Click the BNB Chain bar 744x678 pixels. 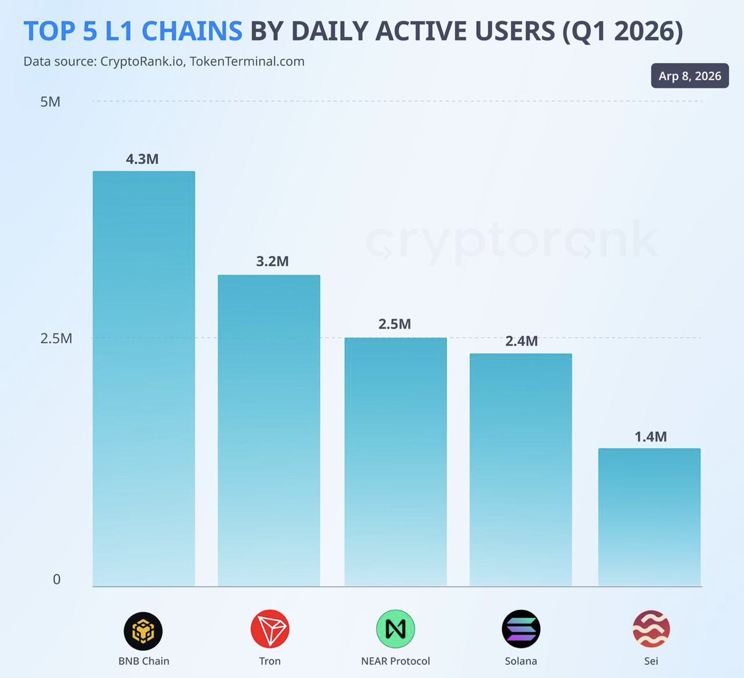(x=144, y=378)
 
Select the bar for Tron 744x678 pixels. (x=268, y=430)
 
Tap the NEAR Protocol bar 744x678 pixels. (x=396, y=462)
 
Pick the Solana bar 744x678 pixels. (x=521, y=470)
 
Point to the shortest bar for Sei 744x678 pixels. (x=649, y=517)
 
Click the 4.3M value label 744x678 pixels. (x=142, y=159)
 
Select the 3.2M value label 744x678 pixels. (x=272, y=262)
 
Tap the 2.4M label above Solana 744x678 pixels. (x=521, y=341)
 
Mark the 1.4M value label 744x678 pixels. (x=650, y=437)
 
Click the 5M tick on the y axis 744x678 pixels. (x=50, y=102)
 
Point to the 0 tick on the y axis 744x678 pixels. (x=56, y=579)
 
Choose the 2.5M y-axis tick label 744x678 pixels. (x=56, y=338)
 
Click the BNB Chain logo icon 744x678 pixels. (x=143, y=630)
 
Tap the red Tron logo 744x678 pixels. (x=270, y=629)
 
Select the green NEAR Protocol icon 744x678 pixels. (x=396, y=629)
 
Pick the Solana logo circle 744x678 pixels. (x=521, y=629)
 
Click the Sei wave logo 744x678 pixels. (x=651, y=629)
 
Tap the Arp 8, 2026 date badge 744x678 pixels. (x=689, y=76)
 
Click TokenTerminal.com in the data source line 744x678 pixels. (x=247, y=61)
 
